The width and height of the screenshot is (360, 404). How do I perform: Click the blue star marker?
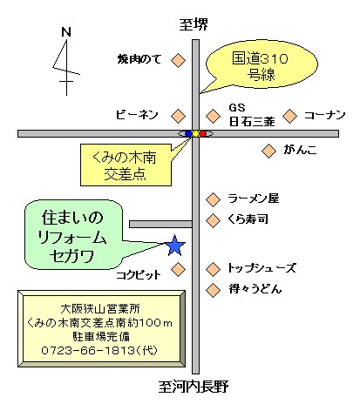[x=175, y=246]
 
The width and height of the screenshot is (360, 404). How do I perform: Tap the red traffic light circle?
[x=203, y=133]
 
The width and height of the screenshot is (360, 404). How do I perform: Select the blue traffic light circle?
[x=188, y=133]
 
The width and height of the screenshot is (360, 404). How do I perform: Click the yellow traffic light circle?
[x=196, y=133]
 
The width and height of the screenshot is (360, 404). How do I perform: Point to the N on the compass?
[x=66, y=31]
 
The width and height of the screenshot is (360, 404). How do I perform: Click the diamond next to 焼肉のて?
[x=178, y=61]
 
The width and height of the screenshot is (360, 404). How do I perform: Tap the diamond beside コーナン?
[x=290, y=116]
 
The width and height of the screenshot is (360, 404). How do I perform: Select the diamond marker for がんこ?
[x=268, y=151]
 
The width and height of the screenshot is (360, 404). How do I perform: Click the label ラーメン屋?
[x=254, y=199]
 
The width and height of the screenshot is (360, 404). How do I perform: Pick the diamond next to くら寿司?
[x=213, y=220]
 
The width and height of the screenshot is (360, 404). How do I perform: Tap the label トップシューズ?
[x=262, y=268]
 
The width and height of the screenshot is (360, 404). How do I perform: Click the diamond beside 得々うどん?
[x=213, y=290]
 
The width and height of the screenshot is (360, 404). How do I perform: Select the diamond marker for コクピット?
[x=178, y=269]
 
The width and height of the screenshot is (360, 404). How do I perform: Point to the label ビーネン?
[x=137, y=115]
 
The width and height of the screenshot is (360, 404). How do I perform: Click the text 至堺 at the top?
[x=194, y=24]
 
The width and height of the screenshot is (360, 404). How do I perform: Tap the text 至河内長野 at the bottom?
[x=194, y=387]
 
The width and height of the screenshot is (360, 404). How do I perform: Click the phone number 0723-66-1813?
[x=88, y=350]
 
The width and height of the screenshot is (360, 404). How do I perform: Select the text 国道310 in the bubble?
[x=260, y=58]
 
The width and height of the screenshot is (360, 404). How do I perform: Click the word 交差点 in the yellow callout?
[x=125, y=174]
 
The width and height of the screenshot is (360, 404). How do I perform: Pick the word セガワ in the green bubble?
[x=71, y=257]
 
